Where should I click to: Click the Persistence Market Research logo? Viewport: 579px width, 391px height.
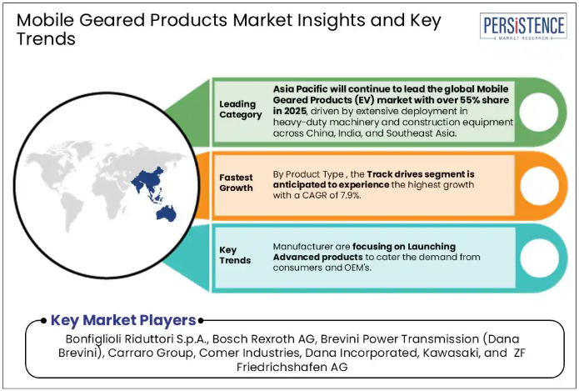click(x=523, y=26)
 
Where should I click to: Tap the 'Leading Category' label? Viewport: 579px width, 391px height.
click(x=241, y=109)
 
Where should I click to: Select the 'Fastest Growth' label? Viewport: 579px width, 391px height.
click(x=236, y=183)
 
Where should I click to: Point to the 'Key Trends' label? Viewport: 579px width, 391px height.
click(x=235, y=255)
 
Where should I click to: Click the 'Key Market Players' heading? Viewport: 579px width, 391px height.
click(x=123, y=320)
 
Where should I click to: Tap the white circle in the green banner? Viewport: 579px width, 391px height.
click(x=539, y=112)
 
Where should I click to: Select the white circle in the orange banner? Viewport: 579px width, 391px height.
click(x=539, y=186)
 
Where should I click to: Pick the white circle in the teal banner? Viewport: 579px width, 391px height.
click(x=539, y=258)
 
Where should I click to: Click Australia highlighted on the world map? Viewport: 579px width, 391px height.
click(x=166, y=213)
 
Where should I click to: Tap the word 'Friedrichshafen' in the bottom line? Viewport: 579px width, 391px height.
click(x=282, y=367)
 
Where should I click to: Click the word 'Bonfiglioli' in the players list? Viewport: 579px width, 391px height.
click(x=94, y=338)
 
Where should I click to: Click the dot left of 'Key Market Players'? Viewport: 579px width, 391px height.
click(x=43, y=320)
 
